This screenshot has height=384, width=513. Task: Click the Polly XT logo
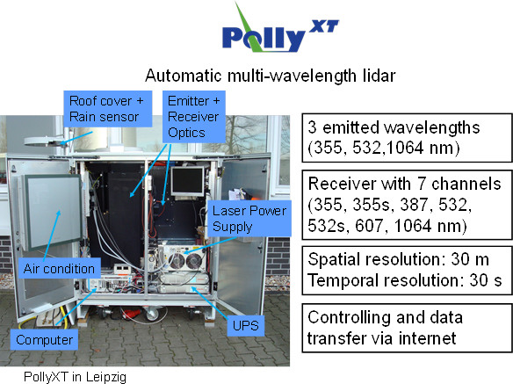280,29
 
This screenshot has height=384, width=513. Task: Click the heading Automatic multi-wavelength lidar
271,76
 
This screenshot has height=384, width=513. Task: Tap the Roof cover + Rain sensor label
108,109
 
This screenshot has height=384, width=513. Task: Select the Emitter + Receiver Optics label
194,117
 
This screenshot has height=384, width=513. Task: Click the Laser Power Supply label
249,219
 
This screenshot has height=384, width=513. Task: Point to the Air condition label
59,268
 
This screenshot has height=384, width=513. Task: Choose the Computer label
44,340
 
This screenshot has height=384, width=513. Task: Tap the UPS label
246,325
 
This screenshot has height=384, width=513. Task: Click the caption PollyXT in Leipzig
75,377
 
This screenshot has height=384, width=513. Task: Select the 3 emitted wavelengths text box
407,138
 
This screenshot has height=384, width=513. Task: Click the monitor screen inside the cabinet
187,181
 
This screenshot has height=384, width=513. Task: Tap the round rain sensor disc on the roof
42,141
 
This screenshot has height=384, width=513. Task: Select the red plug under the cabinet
129,314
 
